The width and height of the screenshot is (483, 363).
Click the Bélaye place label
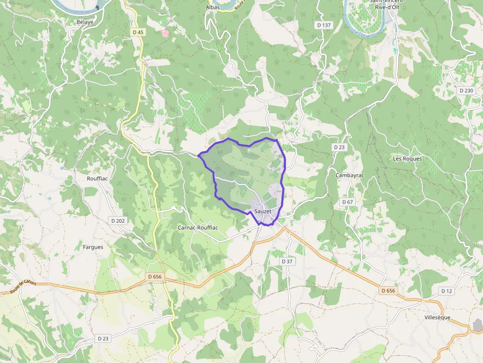coord(85,22)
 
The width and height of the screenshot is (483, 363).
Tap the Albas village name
coord(212,7)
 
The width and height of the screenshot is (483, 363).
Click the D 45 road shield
coord(138,32)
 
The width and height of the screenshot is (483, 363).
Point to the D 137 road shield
coord(324,25)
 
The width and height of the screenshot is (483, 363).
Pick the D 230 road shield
coord(466,91)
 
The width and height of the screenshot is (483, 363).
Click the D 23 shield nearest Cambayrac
coord(339,147)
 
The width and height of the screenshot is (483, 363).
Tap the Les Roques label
coord(408,159)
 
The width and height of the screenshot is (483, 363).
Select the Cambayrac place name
coord(349,175)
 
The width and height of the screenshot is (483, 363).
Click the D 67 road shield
coord(347,202)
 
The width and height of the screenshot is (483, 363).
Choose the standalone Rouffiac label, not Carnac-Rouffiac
coord(97,178)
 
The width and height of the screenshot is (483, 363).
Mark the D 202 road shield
coord(118,221)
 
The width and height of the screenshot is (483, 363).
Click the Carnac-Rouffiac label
coord(198,228)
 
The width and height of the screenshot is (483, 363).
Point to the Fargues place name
coord(93,247)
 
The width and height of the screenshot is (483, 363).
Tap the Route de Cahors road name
coord(23,287)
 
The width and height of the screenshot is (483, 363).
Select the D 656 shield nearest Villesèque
coord(388,291)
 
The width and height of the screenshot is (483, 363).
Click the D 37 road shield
coord(287,261)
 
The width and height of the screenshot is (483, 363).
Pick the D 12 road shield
coord(447,291)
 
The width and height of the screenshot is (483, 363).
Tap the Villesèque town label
coord(437,318)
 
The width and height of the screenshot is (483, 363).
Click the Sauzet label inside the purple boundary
coord(263,212)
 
